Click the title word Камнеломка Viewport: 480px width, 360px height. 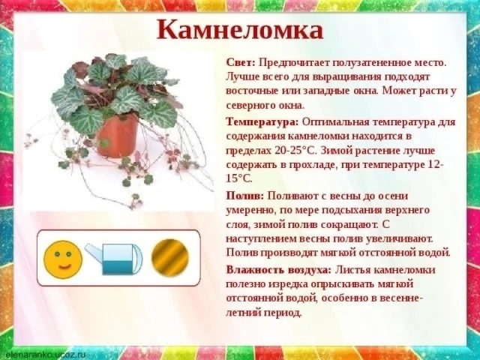click(240, 30)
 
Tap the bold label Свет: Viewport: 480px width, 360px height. click(241, 63)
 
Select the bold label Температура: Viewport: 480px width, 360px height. click(262, 122)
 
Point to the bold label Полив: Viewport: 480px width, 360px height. click(245, 196)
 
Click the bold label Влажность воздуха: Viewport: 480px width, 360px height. click(279, 270)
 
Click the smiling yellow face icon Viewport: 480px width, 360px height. click(63, 259)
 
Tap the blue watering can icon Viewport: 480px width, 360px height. click(114, 258)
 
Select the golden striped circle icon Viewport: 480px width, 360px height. click(170, 258)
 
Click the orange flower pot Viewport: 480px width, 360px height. click(117, 136)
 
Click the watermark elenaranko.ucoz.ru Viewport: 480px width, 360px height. click(43, 355)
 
